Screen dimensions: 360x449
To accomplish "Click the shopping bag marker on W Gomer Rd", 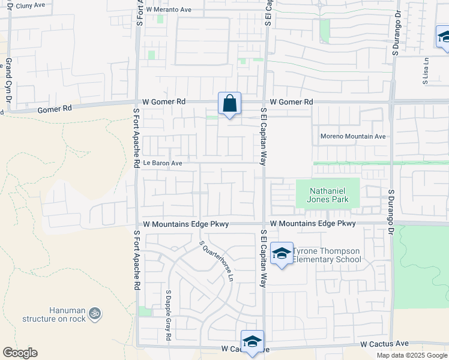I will click(229, 104).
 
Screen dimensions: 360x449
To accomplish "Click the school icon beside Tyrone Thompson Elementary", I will click(281, 253).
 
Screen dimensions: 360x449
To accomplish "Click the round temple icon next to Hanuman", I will click(95, 313).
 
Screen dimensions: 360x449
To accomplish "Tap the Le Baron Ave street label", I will click(162, 163).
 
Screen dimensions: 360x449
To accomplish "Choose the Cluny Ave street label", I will click(31, 5).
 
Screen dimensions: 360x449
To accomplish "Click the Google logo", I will click(20, 353).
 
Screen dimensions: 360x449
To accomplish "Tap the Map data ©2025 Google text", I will click(412, 355).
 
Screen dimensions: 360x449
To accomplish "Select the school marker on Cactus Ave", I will click(253, 342).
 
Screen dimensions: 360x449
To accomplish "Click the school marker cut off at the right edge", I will click(443, 38).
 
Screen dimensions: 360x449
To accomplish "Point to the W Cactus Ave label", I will click(384, 344).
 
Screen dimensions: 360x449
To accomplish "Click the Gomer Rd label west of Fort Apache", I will click(54, 109).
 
